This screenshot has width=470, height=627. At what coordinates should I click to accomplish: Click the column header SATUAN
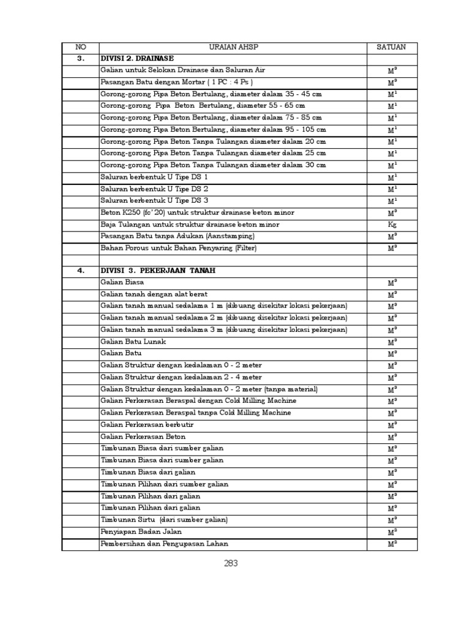[x=392, y=47]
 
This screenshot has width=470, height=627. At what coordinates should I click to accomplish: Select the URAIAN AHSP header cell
[x=233, y=47]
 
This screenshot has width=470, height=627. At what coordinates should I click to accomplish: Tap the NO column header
[x=80, y=47]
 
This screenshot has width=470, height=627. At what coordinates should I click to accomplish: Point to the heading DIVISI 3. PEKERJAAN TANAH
[x=158, y=271]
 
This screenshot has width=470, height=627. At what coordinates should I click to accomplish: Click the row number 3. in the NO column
[x=80, y=59]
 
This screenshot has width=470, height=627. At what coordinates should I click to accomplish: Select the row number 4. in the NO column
[x=80, y=271]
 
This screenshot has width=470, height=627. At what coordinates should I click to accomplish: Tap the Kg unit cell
[x=392, y=225]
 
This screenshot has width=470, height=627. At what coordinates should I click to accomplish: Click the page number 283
[x=230, y=564]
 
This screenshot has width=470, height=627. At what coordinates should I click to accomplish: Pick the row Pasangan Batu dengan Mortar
[x=177, y=82]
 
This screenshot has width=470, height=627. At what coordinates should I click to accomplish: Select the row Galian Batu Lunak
[x=133, y=342]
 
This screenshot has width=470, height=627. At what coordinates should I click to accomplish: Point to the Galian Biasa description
[x=122, y=282]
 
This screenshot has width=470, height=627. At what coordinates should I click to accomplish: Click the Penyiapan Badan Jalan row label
[x=143, y=532]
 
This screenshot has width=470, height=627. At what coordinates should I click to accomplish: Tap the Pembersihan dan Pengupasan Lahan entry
[x=165, y=544]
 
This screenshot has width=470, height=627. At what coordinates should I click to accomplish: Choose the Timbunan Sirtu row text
[x=164, y=520]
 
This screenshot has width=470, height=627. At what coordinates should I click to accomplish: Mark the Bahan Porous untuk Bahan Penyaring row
[x=179, y=248]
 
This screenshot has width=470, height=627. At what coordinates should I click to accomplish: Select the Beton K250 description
[x=197, y=212]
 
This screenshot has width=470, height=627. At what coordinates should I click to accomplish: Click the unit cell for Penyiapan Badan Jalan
[x=392, y=532]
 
